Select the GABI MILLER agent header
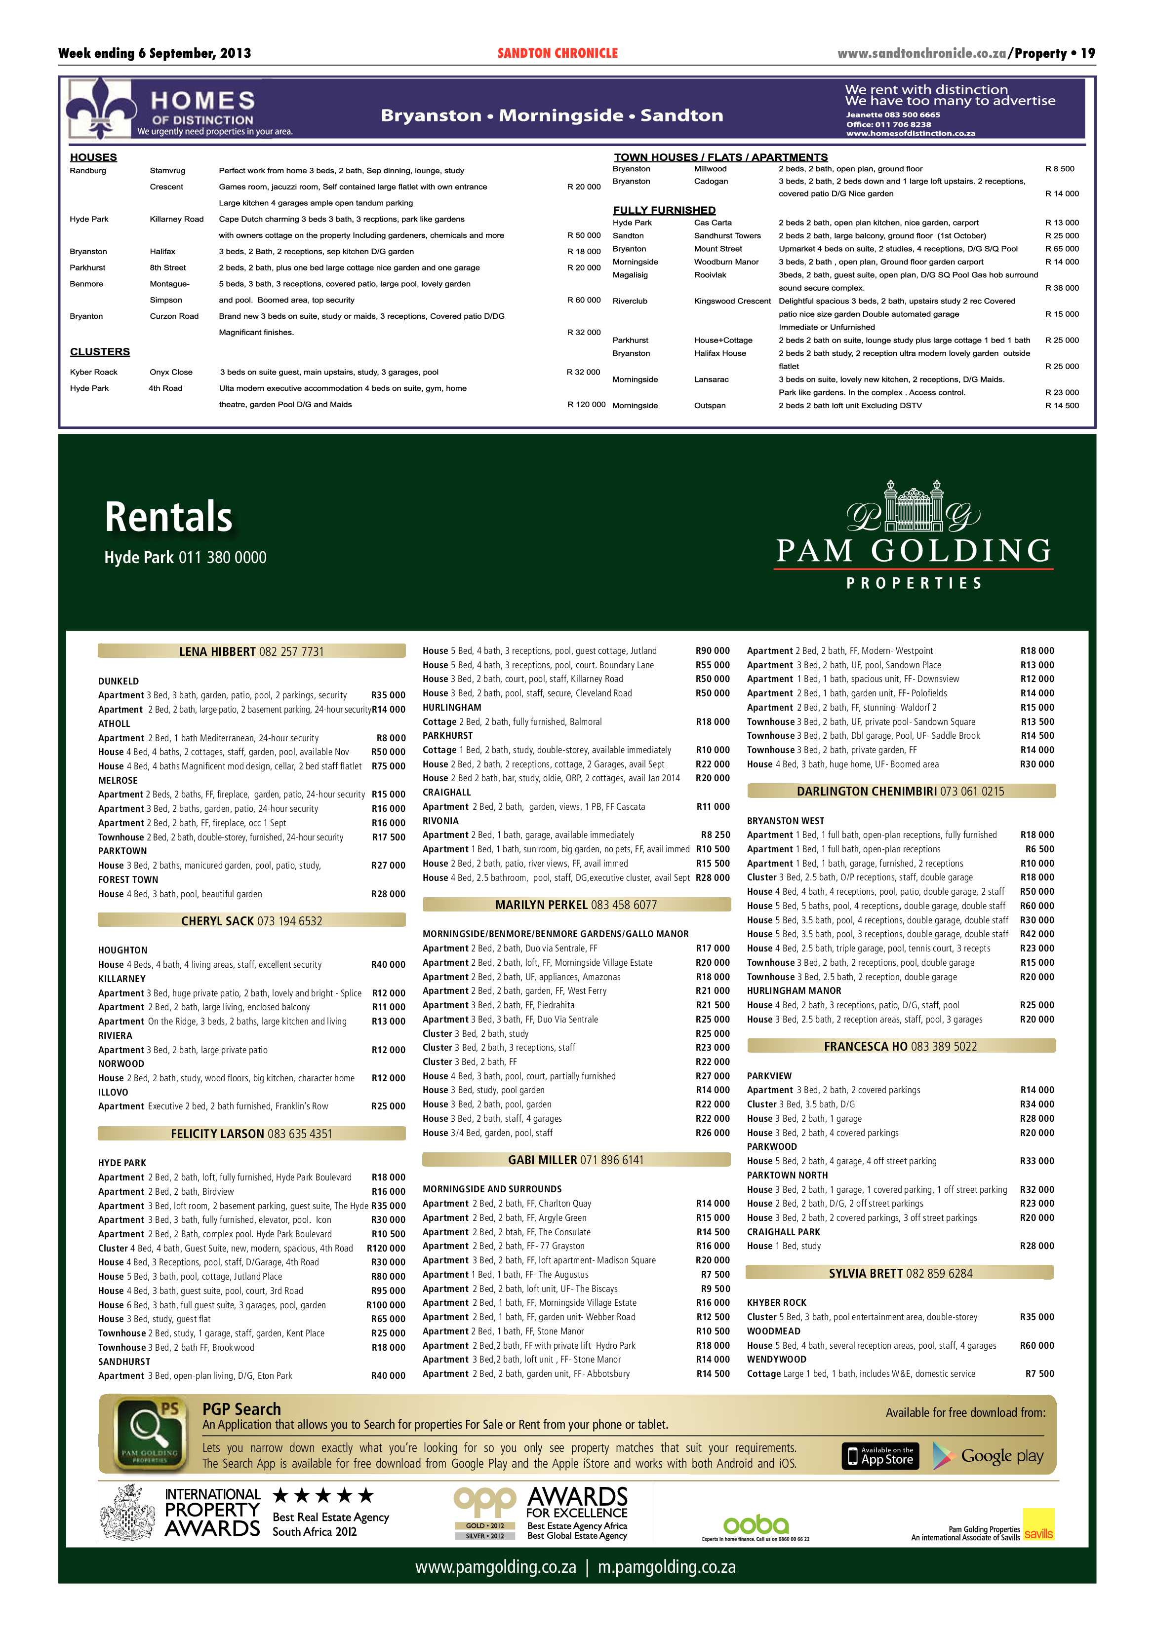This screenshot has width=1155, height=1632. click(x=576, y=1159)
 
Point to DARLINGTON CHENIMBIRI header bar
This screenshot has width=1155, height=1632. click(x=900, y=791)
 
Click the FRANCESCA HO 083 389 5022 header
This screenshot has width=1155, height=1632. click(x=900, y=1046)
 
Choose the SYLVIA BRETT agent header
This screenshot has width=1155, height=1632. click(x=900, y=1273)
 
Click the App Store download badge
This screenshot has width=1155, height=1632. click(x=880, y=1456)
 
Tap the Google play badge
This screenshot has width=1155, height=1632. click(x=988, y=1456)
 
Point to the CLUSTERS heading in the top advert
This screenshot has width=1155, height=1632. click(x=100, y=352)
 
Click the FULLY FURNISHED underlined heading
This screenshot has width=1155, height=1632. click(x=664, y=210)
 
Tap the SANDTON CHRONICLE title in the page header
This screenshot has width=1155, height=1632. click(x=558, y=53)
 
